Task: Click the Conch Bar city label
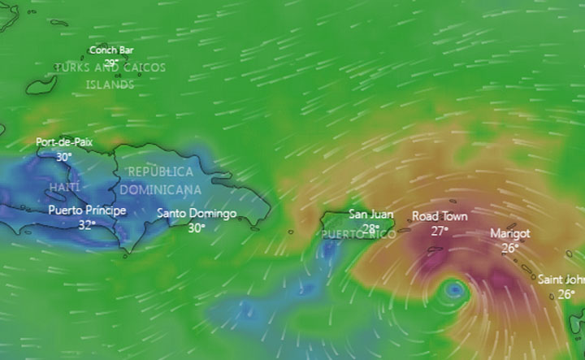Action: pyautogui.click(x=111, y=50)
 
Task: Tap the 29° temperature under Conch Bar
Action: pyautogui.click(x=111, y=62)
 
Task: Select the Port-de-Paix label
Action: pyautogui.click(x=64, y=142)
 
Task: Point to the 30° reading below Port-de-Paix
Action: pyautogui.click(x=64, y=156)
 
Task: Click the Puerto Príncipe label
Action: pyautogui.click(x=87, y=210)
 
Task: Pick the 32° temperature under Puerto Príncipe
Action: pyautogui.click(x=87, y=224)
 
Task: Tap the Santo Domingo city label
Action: pyautogui.click(x=197, y=214)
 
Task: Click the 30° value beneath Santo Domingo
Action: pyautogui.click(x=197, y=228)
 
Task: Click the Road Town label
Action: pyautogui.click(x=440, y=216)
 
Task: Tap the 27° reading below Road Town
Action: pyautogui.click(x=440, y=230)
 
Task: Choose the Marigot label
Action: pyautogui.click(x=510, y=233)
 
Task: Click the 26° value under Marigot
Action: pyautogui.click(x=510, y=248)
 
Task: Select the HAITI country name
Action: pyautogui.click(x=65, y=188)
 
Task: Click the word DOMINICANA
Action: pyautogui.click(x=161, y=189)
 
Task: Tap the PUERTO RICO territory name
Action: pyautogui.click(x=359, y=235)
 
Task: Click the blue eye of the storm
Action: pyautogui.click(x=454, y=288)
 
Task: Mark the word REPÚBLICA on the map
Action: pyautogui.click(x=161, y=172)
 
